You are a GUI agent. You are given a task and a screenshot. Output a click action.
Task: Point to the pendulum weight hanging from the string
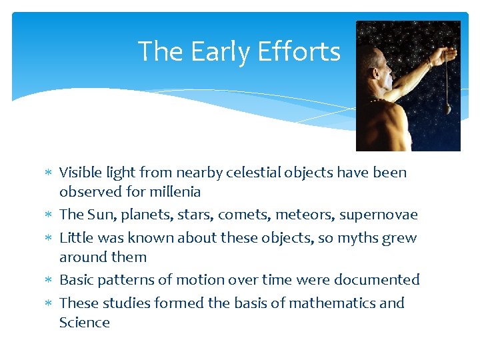[447, 109]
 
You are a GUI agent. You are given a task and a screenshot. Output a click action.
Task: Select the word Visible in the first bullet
[81, 173]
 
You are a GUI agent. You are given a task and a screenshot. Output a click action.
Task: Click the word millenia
[174, 192]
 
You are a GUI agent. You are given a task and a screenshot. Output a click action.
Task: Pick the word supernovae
[378, 215]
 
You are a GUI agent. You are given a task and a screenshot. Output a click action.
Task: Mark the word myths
[355, 238]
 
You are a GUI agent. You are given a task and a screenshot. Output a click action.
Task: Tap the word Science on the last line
[85, 323]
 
